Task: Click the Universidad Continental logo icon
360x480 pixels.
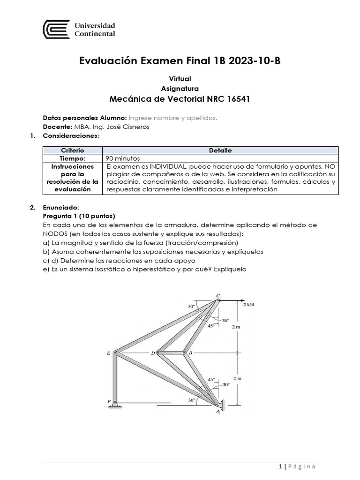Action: [x=56, y=30]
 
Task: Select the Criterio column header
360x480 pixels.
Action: [x=72, y=150]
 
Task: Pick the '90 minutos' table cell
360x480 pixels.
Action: [x=123, y=158]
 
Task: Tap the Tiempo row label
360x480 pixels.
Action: [x=72, y=158]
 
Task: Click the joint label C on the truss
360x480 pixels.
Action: [x=217, y=295]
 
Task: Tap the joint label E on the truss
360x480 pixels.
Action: [x=109, y=352]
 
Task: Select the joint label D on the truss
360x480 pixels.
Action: [x=153, y=352]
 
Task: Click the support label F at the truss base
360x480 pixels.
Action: [x=109, y=402]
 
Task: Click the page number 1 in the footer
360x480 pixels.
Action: [x=280, y=466]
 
